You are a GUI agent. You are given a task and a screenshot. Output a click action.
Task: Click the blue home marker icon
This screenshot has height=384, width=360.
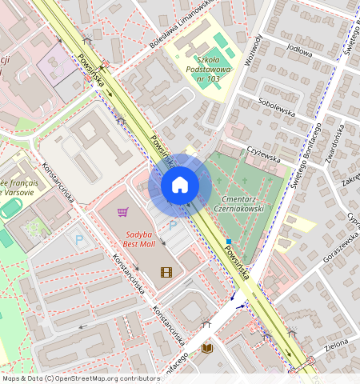[180, 186]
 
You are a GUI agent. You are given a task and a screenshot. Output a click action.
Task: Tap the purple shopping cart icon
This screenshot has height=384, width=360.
[122, 212]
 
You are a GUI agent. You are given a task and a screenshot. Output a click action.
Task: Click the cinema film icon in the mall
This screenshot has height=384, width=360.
[166, 272]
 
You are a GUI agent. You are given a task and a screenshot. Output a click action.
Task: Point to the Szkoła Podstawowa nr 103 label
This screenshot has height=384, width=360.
[209, 69]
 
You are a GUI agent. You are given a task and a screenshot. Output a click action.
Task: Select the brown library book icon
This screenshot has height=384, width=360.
[206, 348]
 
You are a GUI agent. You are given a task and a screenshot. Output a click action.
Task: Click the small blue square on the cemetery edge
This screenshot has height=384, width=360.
[229, 241]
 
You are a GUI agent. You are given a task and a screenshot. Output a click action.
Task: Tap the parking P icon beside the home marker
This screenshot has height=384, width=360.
[172, 226]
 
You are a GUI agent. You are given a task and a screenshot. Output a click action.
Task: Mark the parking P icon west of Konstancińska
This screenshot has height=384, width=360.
[78, 239]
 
